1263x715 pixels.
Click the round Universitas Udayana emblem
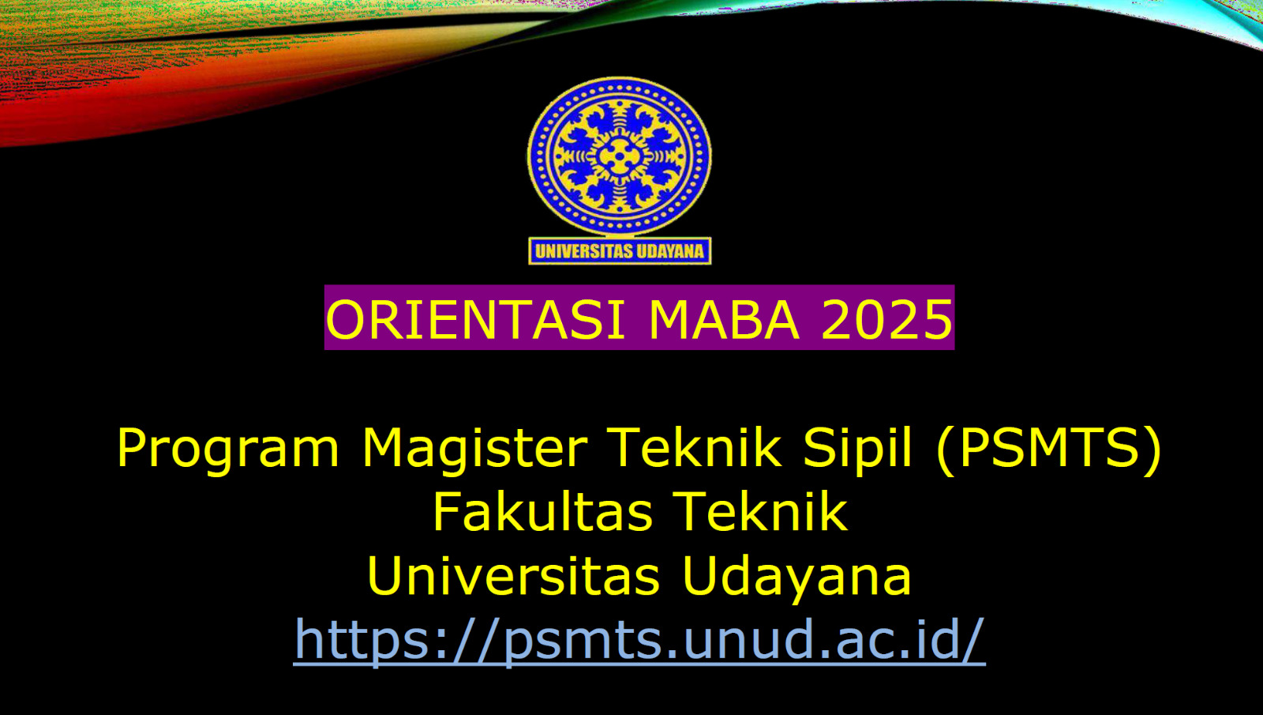620,156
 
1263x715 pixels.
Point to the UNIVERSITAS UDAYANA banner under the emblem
620,251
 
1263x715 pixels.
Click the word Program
228,450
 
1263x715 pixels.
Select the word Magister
475,450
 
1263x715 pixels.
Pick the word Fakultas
542,511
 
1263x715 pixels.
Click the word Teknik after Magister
695,449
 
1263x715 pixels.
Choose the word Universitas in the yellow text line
513,576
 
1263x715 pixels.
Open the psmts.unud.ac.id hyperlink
639,641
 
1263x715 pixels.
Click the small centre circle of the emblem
619,156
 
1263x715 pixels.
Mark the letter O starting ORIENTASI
347,319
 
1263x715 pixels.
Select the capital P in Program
131,448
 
